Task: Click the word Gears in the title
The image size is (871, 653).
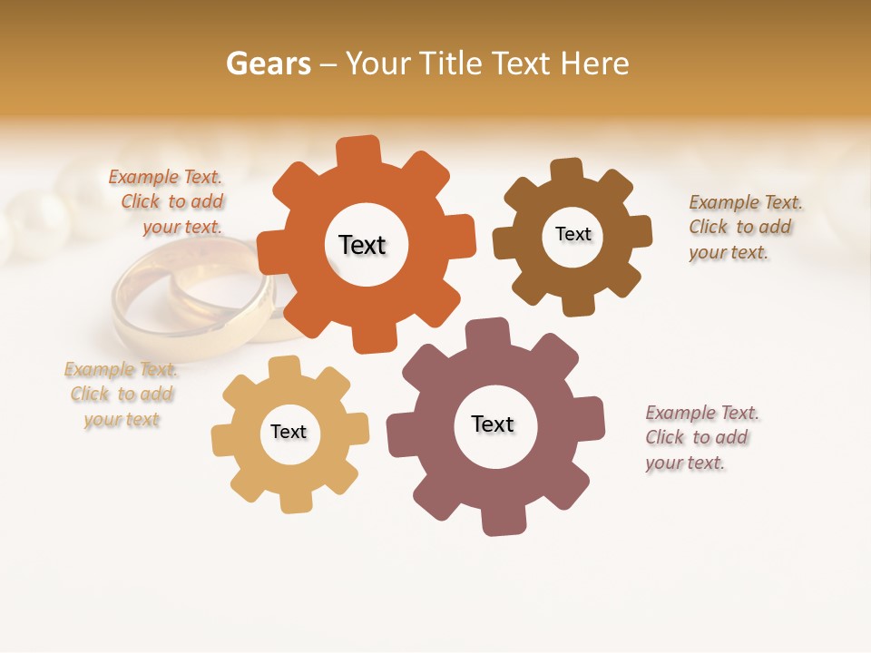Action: tap(268, 63)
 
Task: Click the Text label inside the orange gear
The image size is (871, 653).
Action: tap(362, 245)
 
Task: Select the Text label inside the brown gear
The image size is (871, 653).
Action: tap(573, 234)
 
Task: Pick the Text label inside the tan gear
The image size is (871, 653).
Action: tap(289, 432)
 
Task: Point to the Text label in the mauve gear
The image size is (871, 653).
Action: tap(493, 424)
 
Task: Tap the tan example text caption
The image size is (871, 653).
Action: tap(121, 395)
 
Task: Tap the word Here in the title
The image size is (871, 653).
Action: tap(595, 63)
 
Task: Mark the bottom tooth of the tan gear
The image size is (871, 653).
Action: tap(296, 501)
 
